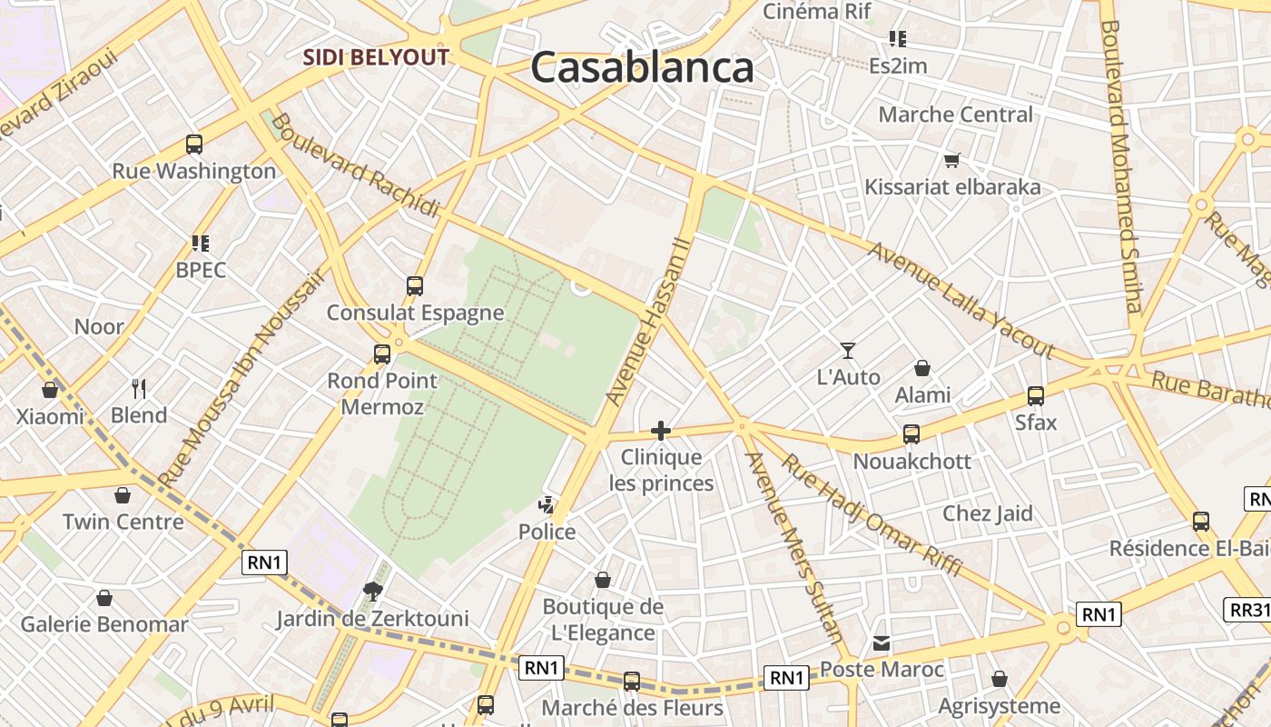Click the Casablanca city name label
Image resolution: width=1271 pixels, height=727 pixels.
pos(642,67)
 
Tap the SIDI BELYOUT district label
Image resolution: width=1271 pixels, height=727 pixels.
pos(376,57)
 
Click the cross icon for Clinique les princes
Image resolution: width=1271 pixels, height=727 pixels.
pos(661,431)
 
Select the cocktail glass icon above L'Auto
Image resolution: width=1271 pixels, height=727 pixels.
pos(848,350)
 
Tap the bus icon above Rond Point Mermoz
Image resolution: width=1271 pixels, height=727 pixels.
pos(382,354)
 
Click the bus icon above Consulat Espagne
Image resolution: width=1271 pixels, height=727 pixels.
pos(415,286)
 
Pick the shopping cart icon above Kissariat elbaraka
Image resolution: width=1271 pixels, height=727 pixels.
pos(952,161)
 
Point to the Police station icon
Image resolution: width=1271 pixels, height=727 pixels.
pos(547,505)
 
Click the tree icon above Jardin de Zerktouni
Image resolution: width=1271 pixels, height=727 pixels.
pos(372,593)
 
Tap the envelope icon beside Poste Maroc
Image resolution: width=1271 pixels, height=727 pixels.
pos(882,644)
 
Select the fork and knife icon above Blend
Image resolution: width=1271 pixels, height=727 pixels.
pos(139,389)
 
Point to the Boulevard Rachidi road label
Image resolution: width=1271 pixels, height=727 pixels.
pos(355,164)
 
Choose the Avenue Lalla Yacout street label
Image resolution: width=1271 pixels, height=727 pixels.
pos(961,301)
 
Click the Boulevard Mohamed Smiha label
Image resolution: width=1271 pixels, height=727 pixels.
pos(1122,166)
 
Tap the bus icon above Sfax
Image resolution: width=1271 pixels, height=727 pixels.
pos(1036,396)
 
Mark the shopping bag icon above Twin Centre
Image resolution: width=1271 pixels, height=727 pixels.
pos(123,495)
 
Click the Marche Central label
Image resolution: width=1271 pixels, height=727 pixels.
pos(955,115)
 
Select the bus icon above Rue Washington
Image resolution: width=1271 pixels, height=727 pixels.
pos(194,144)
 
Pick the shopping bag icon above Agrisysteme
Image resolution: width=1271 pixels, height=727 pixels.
pos(1000,679)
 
